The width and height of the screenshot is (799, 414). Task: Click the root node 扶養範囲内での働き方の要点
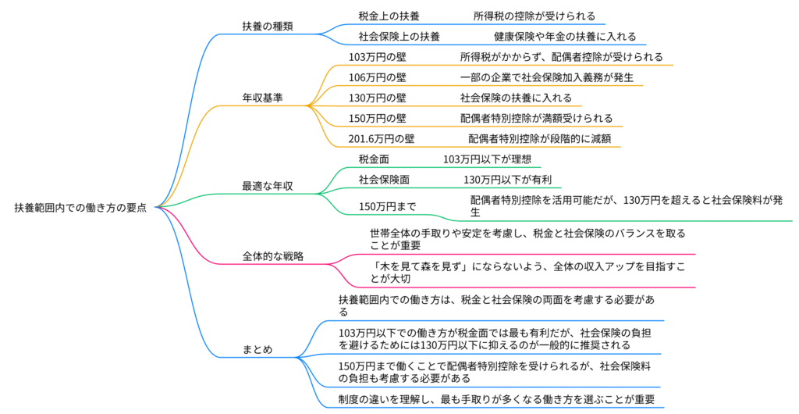80,208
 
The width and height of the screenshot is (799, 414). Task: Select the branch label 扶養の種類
268,27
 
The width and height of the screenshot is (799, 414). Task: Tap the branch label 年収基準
262,98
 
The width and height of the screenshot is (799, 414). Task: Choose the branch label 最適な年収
268,186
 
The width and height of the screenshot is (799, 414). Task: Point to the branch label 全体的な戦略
272,256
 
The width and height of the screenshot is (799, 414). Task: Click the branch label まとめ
257,350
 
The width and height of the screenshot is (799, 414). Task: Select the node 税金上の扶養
389,16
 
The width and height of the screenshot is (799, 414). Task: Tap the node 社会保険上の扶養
399,37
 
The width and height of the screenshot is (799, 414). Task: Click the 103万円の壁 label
377,57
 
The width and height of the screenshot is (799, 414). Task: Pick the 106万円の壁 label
377,77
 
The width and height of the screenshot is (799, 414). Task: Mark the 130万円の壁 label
377,98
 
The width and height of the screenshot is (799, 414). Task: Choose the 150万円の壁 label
377,118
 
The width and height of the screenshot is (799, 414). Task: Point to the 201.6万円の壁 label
381,139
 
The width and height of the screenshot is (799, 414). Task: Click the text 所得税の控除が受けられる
534,16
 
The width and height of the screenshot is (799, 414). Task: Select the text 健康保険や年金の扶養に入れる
565,37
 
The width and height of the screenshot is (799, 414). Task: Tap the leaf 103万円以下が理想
487,159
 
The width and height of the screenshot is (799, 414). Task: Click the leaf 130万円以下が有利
507,180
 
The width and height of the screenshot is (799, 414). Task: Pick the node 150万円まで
387,206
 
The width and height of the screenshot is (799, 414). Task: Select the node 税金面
374,159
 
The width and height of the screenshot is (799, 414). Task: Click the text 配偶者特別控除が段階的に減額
540,139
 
